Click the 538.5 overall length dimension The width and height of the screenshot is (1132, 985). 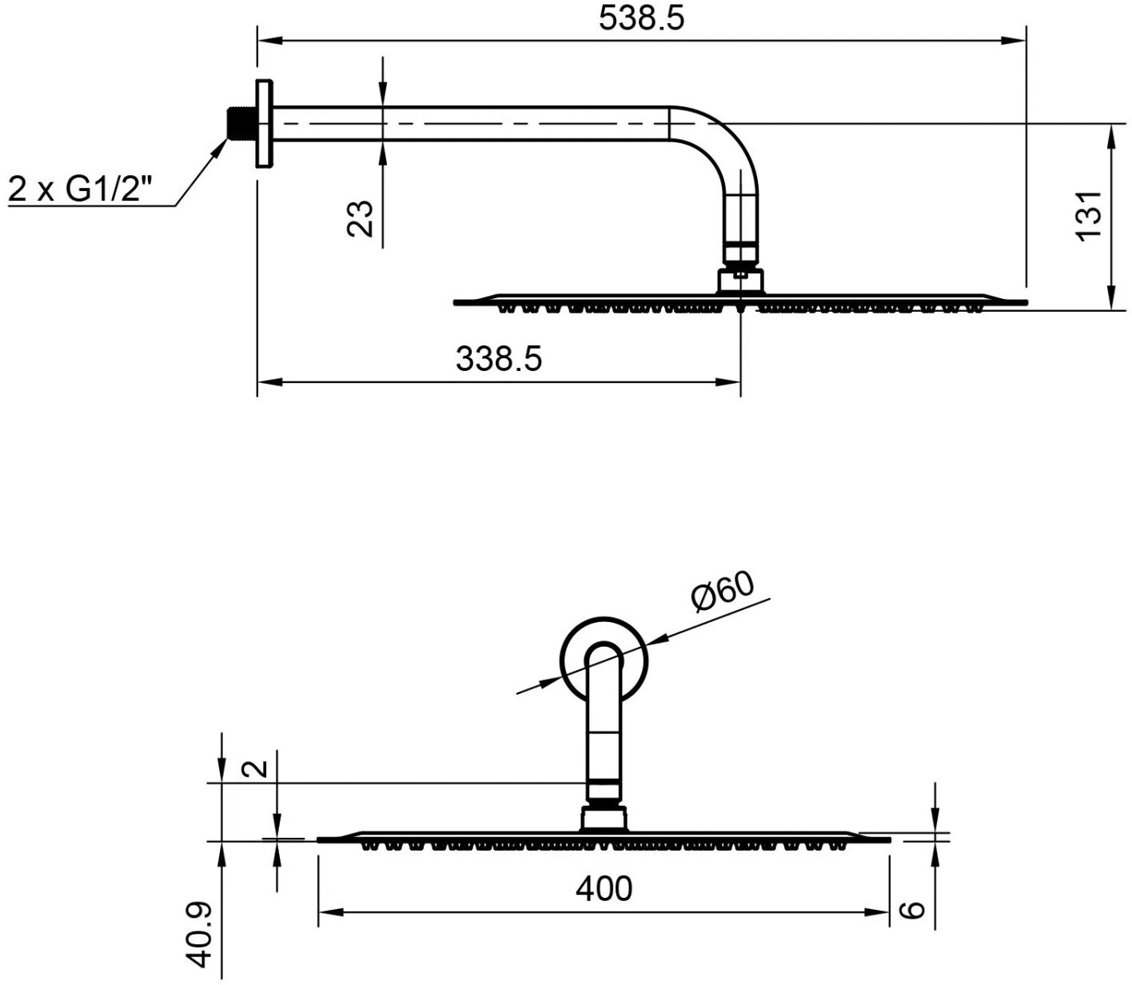641,19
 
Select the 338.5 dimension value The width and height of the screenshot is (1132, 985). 499,359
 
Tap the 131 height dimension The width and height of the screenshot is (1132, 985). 1088,216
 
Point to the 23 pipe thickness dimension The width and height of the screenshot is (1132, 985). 360,218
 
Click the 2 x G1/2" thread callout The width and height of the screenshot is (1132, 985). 80,189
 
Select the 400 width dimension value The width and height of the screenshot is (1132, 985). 604,888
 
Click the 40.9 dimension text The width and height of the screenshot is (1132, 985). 200,935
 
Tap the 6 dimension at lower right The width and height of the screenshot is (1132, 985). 915,908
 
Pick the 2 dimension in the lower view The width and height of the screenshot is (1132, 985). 255,768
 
